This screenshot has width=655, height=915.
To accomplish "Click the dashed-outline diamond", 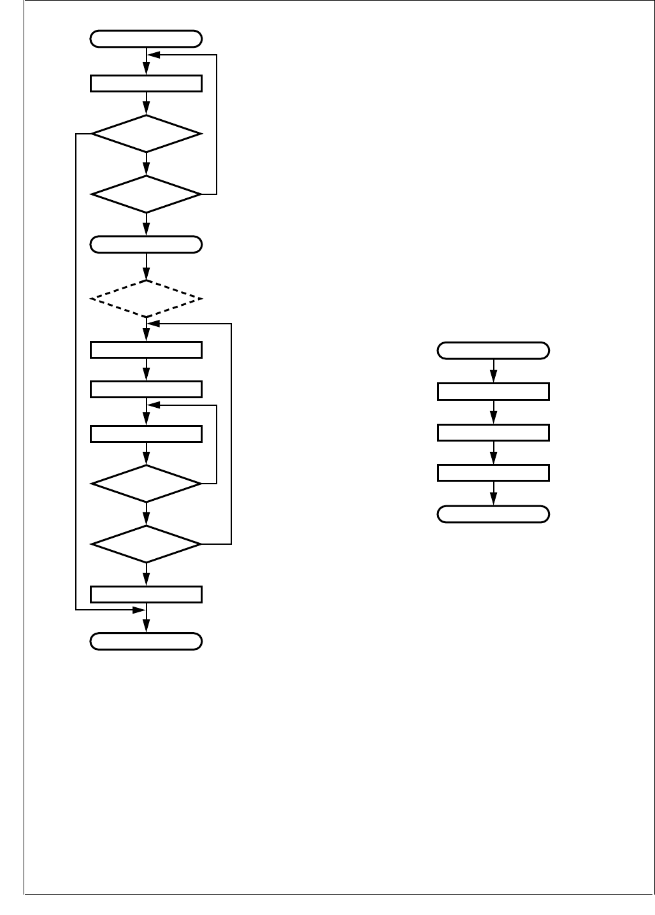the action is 146,298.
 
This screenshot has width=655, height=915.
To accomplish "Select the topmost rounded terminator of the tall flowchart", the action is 146,39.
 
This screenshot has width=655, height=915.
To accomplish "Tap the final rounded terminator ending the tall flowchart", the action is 146,641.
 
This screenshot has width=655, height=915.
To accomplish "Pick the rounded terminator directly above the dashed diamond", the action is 146,245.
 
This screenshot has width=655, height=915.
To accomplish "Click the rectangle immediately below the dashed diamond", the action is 146,350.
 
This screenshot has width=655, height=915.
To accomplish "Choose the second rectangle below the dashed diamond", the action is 146,389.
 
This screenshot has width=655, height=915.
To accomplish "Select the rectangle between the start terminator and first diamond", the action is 146,83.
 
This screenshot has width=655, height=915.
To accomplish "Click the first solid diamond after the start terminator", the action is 146,134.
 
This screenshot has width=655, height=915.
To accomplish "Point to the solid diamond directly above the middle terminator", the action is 146,194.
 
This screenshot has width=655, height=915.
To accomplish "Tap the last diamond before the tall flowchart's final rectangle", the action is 146,544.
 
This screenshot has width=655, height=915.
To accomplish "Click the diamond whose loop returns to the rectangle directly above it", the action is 146,484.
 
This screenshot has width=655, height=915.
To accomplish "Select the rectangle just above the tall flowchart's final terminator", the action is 146,594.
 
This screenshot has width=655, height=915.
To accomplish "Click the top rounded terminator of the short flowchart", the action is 493,350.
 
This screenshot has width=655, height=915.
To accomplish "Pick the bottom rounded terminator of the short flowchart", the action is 493,514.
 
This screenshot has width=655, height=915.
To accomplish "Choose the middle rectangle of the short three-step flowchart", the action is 493,433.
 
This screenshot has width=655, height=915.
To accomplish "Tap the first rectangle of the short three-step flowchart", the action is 493,391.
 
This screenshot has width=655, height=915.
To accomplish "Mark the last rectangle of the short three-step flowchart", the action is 493,473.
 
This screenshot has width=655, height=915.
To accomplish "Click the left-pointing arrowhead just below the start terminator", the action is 153,55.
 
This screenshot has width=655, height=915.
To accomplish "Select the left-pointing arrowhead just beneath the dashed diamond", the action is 153,324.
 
